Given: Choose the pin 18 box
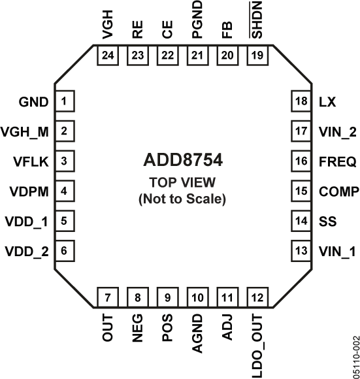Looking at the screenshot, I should (x=301, y=102).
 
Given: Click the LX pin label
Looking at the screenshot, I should (x=327, y=102).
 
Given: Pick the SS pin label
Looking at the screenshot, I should (x=327, y=221).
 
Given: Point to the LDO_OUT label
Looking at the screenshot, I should (x=257, y=344).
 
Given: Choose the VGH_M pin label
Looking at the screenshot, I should (x=25, y=131).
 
